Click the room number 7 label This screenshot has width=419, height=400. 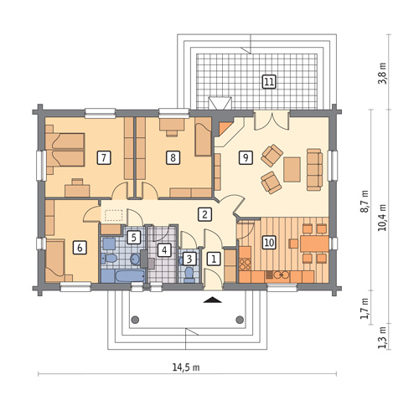pyautogui.click(x=104, y=158)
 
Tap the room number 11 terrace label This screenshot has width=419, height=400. pyautogui.click(x=269, y=82)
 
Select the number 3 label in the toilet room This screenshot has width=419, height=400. pyautogui.click(x=189, y=259)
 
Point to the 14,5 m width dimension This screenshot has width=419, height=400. pyautogui.click(x=186, y=367)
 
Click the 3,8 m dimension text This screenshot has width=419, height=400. pyautogui.click(x=383, y=74)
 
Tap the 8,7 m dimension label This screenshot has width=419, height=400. pyautogui.click(x=365, y=202)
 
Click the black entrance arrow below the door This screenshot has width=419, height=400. pyautogui.click(x=213, y=300)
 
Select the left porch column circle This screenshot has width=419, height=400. pyautogui.click(x=135, y=320)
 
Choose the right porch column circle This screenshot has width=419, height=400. pyautogui.click(x=240, y=320)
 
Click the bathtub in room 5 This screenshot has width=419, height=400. pyautogui.click(x=130, y=276)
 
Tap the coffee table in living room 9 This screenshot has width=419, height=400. pyautogui.click(x=292, y=169)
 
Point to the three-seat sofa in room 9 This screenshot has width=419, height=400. pyautogui.click(x=314, y=170)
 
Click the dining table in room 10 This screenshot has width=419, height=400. pyautogui.click(x=314, y=244)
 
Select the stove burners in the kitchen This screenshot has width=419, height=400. pyautogui.click(x=245, y=264)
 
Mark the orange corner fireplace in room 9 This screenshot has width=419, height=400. pyautogui.click(x=225, y=127)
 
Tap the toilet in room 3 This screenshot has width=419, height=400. pyautogui.click(x=189, y=274)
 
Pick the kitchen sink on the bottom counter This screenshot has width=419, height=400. pyautogui.click(x=281, y=275)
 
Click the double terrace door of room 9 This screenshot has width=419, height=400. pyautogui.click(x=272, y=121)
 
